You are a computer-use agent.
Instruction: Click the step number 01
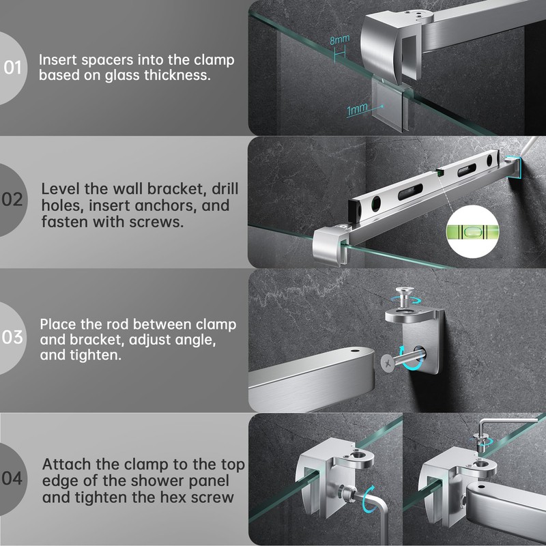[13, 68]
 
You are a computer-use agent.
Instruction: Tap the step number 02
[12, 199]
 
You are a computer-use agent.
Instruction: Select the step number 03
[12, 337]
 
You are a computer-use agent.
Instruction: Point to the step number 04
[12, 478]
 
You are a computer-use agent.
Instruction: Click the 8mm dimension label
[339, 40]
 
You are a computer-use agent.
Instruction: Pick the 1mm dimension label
[357, 109]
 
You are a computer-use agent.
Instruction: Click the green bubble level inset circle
[472, 231]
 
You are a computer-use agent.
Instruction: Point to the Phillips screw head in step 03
[388, 363]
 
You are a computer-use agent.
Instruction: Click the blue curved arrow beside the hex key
[369, 500]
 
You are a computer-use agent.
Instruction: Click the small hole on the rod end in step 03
[355, 349]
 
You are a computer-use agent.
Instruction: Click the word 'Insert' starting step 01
[58, 60]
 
